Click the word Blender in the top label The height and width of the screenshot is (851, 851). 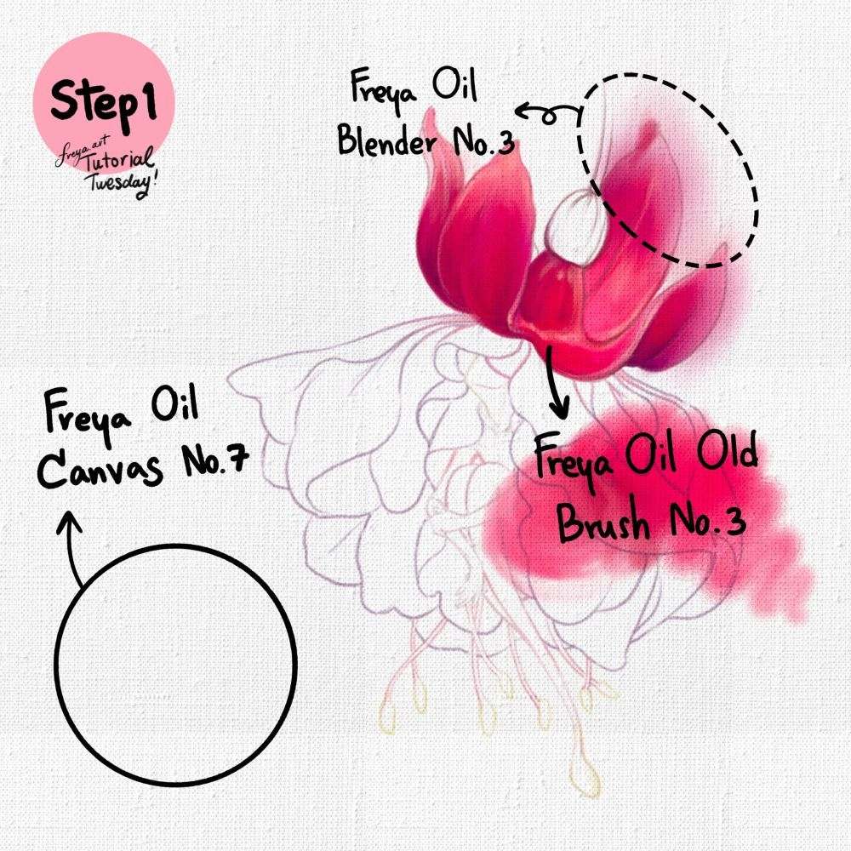click(387, 142)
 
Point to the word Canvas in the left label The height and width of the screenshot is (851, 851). click(100, 468)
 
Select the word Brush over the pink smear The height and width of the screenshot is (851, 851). click(603, 523)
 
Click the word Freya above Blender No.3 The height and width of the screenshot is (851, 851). click(384, 88)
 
